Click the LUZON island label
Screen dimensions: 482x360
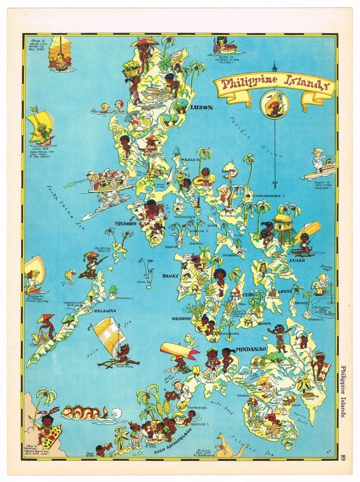point(201,107)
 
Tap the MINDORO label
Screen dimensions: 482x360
point(126,223)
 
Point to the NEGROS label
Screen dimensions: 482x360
point(181,318)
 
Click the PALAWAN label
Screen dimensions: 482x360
point(105,311)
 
